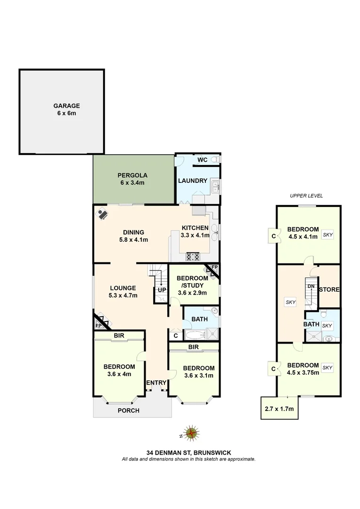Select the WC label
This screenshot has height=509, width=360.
coord(202,160)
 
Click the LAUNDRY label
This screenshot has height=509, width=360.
coord(193,181)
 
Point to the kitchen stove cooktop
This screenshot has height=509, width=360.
coord(193,257)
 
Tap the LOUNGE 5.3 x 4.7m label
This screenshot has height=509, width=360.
coord(123,292)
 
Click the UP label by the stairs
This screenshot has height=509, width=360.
coord(161,290)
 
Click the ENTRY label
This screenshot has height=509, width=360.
coord(155,382)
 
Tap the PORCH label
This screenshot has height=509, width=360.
coord(128,410)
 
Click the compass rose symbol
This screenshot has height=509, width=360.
coord(191,433)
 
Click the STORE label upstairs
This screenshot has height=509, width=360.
coord(329,289)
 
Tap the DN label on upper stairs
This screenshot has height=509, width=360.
coord(311,287)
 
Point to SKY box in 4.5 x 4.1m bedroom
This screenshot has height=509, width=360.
coord(327,234)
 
